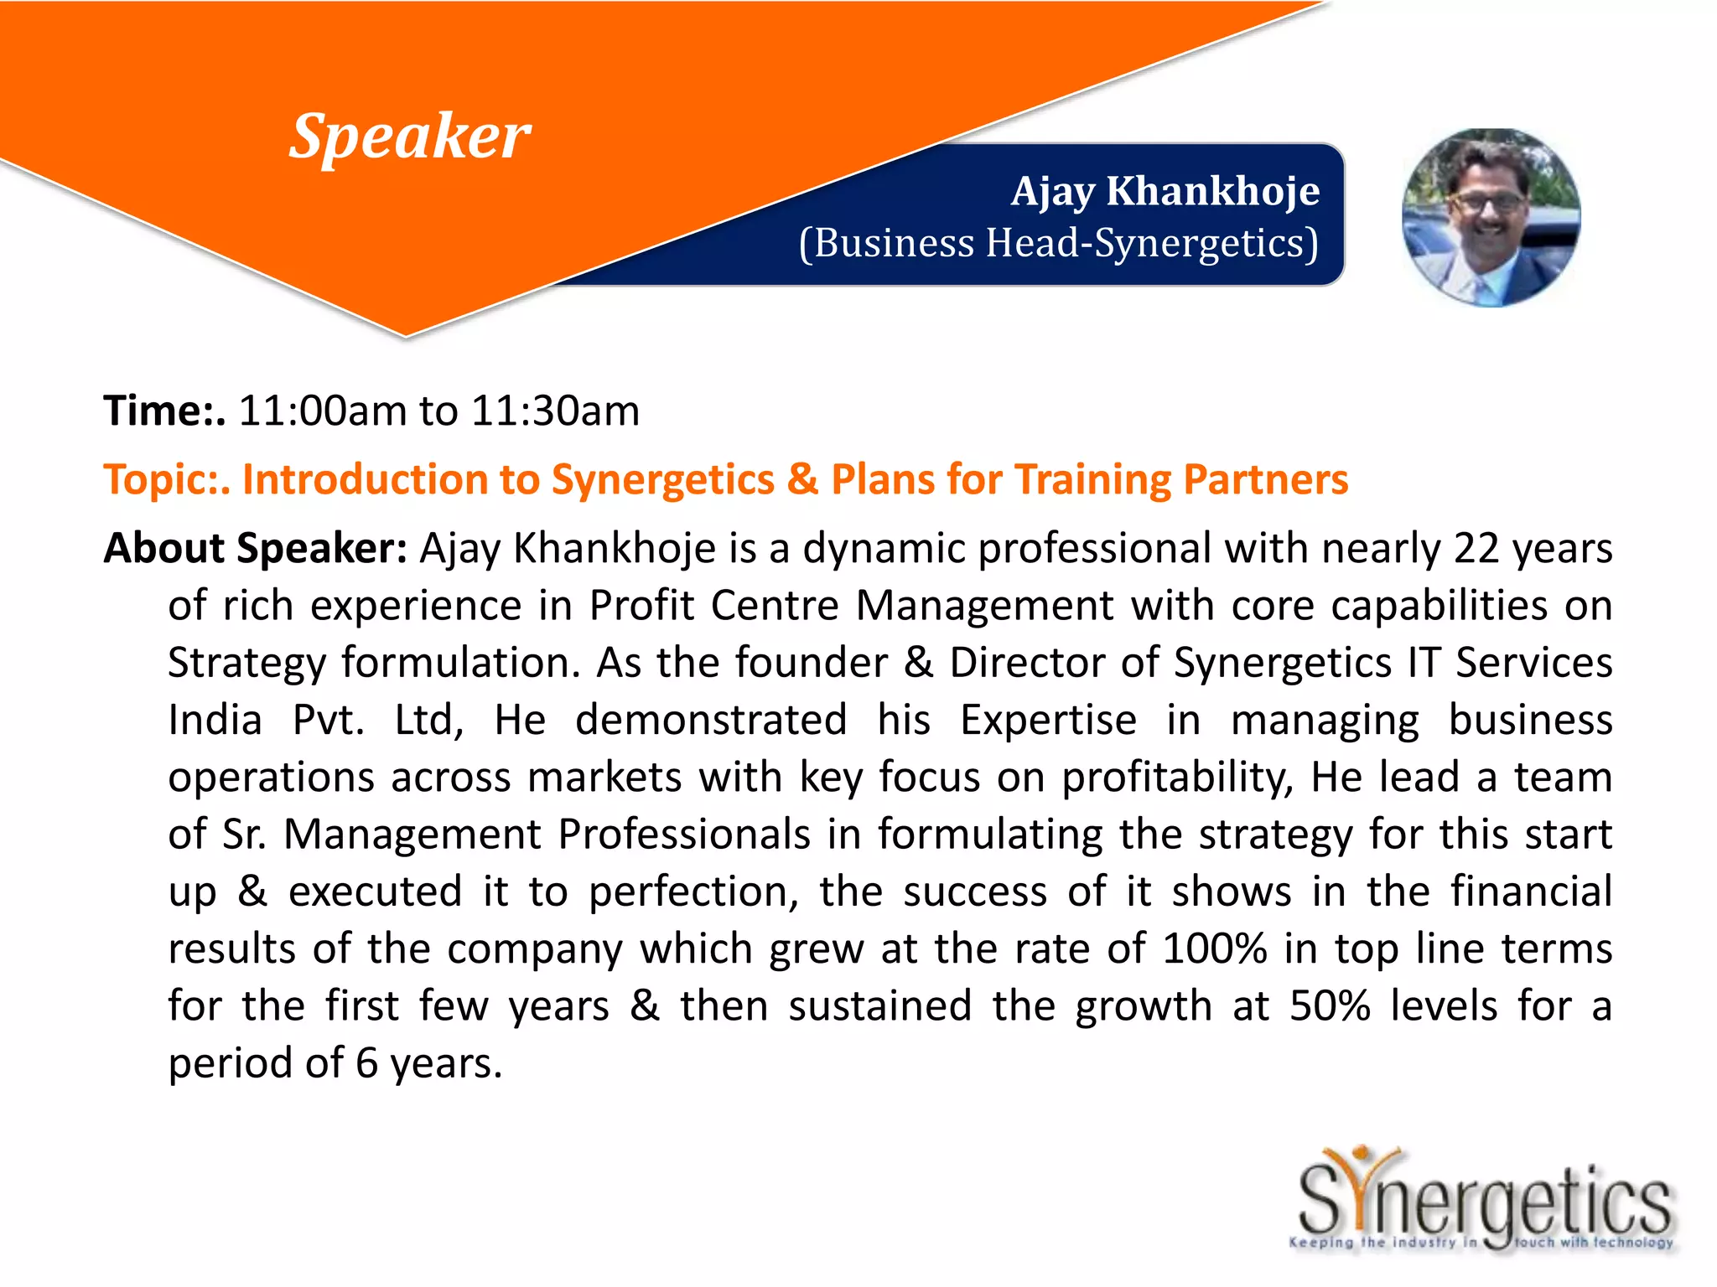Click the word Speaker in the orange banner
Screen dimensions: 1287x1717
point(410,137)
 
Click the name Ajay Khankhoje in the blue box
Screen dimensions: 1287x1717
point(1165,191)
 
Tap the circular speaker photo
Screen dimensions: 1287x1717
point(1491,218)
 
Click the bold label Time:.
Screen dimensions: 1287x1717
point(164,411)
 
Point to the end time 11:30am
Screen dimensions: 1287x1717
point(555,411)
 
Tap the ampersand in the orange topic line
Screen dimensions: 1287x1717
point(802,479)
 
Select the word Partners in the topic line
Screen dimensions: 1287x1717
point(1265,480)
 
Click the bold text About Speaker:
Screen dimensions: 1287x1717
point(255,549)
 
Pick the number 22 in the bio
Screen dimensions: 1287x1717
point(1476,549)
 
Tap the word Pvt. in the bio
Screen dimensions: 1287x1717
point(328,721)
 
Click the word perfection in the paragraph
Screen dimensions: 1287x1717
point(693,892)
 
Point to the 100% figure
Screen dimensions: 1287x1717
point(1214,949)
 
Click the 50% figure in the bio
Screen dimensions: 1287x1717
point(1330,1006)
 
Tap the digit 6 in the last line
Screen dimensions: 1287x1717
point(366,1063)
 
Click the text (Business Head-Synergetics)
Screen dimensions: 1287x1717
point(1058,244)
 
